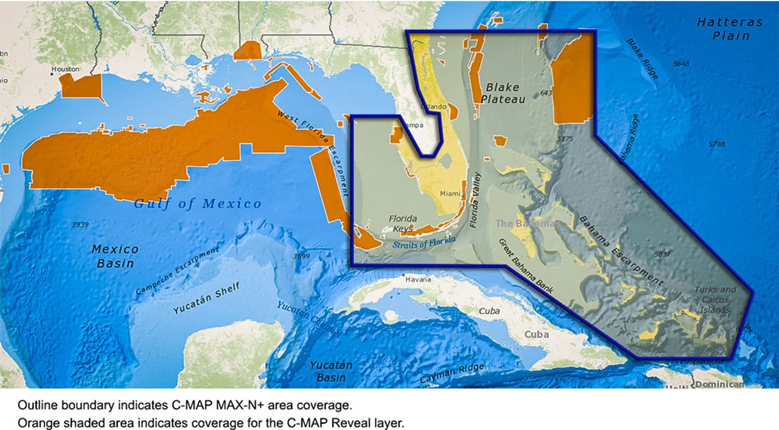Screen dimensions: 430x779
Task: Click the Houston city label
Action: (x=65, y=69)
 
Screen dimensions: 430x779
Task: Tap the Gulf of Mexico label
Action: (x=198, y=204)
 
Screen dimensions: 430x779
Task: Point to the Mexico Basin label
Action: (x=115, y=255)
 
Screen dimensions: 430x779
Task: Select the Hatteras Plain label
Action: (x=730, y=29)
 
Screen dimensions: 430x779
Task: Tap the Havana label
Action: (x=418, y=280)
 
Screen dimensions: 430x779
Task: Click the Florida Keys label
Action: (x=403, y=223)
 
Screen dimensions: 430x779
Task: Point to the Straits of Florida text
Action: (x=424, y=242)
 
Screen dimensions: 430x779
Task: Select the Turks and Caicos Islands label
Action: (x=714, y=299)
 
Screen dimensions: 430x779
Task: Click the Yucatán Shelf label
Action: (x=206, y=298)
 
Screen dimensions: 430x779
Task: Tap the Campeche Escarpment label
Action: (x=176, y=272)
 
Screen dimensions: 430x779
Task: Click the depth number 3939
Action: (x=80, y=224)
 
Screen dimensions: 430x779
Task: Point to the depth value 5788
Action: (x=717, y=144)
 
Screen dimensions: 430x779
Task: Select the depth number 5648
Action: (x=681, y=64)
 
